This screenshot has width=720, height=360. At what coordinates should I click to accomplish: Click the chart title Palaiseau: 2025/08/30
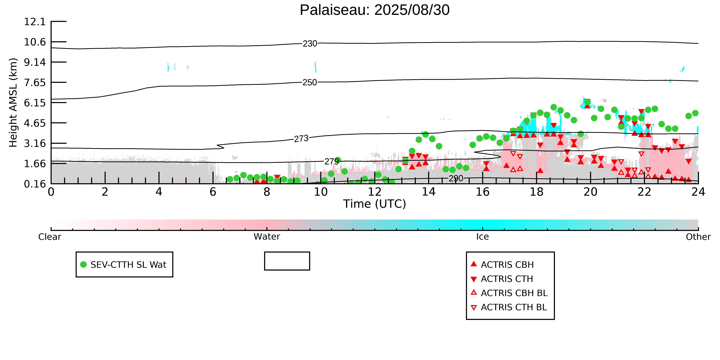click(x=375, y=10)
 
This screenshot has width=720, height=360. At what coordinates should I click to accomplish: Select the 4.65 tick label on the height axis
click(x=35, y=123)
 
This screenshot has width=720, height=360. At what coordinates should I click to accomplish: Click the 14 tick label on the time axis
click(x=428, y=192)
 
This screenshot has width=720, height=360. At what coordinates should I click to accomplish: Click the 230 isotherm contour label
click(x=310, y=44)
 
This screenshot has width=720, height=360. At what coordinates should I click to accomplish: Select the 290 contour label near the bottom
click(x=456, y=178)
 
